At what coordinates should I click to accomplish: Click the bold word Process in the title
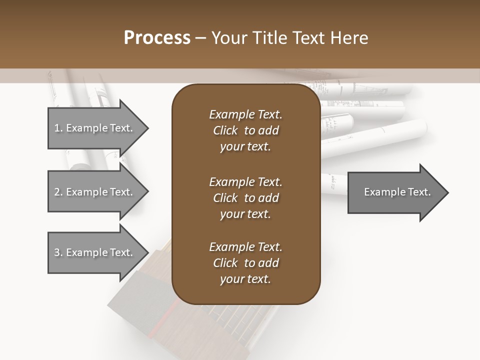(x=157, y=38)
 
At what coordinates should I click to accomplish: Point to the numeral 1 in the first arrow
(x=57, y=128)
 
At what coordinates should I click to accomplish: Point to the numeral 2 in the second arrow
(x=57, y=192)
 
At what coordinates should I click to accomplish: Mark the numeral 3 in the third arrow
(x=57, y=252)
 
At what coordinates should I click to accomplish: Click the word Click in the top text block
(x=225, y=130)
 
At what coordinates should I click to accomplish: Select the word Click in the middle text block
(x=225, y=198)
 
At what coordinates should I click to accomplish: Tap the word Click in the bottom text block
(x=225, y=263)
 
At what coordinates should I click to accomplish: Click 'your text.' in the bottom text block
(x=245, y=279)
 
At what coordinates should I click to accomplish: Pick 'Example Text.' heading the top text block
(x=245, y=114)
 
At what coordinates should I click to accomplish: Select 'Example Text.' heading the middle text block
(x=245, y=181)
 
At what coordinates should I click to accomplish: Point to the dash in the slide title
(x=201, y=38)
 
